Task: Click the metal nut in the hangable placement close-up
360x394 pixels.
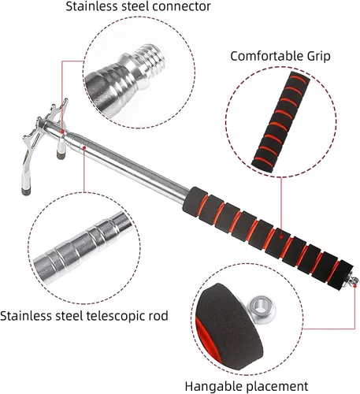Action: click(x=262, y=307)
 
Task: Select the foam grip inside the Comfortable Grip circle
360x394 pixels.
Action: click(x=281, y=120)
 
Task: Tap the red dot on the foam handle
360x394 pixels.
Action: click(x=281, y=236)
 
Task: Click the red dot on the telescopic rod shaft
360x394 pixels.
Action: click(x=84, y=147)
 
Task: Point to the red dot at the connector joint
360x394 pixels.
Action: click(x=62, y=131)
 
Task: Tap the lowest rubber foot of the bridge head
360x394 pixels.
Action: click(x=25, y=192)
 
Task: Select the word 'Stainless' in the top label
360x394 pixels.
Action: click(x=91, y=6)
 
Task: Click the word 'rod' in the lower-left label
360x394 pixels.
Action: click(x=158, y=316)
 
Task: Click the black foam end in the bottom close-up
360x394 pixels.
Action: click(x=229, y=325)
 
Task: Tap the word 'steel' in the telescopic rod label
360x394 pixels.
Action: click(x=69, y=316)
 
